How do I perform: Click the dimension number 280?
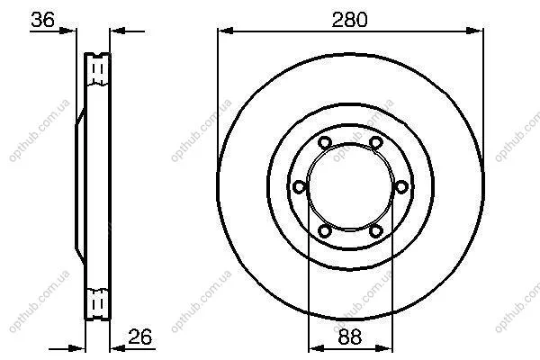point(349,20)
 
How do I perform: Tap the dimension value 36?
point(42,20)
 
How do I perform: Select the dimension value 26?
point(139,337)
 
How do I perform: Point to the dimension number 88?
point(350,337)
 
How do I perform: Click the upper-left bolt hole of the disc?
point(324,142)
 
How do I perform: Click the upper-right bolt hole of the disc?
point(375,142)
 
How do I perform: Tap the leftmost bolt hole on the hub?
point(300,186)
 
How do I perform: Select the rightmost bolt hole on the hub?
point(401,186)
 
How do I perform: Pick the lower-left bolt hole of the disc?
point(324,230)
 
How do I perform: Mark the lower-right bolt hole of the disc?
point(375,230)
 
